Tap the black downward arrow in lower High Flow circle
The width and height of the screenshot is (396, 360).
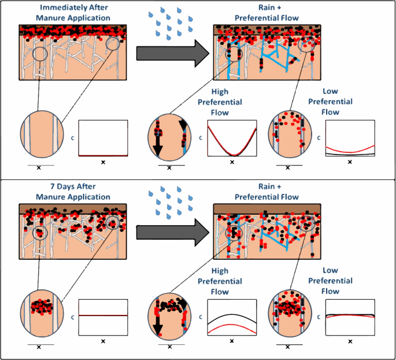(x=158, y=323)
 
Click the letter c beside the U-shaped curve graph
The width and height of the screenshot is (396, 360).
(x=201, y=138)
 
